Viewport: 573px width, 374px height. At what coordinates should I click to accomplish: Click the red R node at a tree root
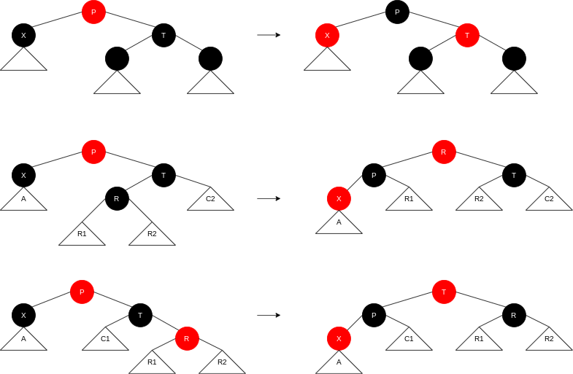[444, 152]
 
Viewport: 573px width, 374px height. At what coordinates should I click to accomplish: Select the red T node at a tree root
[444, 292]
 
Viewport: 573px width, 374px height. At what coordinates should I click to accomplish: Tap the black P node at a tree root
[397, 12]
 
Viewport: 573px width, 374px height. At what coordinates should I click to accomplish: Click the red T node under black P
[467, 35]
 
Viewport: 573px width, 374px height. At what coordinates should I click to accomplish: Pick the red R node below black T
[187, 338]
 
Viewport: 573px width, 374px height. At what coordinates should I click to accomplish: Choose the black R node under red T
[514, 315]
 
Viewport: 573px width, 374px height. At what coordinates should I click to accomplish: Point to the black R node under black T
[117, 198]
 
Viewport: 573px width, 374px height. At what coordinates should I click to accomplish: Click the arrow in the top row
[269, 35]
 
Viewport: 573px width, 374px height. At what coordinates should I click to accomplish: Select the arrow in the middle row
[269, 198]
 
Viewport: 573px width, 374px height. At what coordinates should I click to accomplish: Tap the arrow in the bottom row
[269, 315]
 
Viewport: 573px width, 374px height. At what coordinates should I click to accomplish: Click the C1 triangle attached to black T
[105, 340]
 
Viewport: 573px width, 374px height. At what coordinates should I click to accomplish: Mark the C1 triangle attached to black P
[409, 340]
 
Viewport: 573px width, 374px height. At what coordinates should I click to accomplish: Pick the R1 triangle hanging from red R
[152, 364]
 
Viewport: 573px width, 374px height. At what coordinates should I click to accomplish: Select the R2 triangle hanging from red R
[222, 364]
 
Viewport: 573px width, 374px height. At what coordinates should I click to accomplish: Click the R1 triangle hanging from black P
[409, 200]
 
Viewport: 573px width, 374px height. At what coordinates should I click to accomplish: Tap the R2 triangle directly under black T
[479, 200]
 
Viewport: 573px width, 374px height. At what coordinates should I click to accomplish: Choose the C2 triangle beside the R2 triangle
[549, 200]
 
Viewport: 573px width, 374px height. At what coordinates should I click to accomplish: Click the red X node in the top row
[327, 35]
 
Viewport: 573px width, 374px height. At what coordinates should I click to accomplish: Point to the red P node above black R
[93, 152]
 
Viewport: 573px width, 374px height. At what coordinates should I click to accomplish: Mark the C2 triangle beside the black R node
[210, 200]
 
